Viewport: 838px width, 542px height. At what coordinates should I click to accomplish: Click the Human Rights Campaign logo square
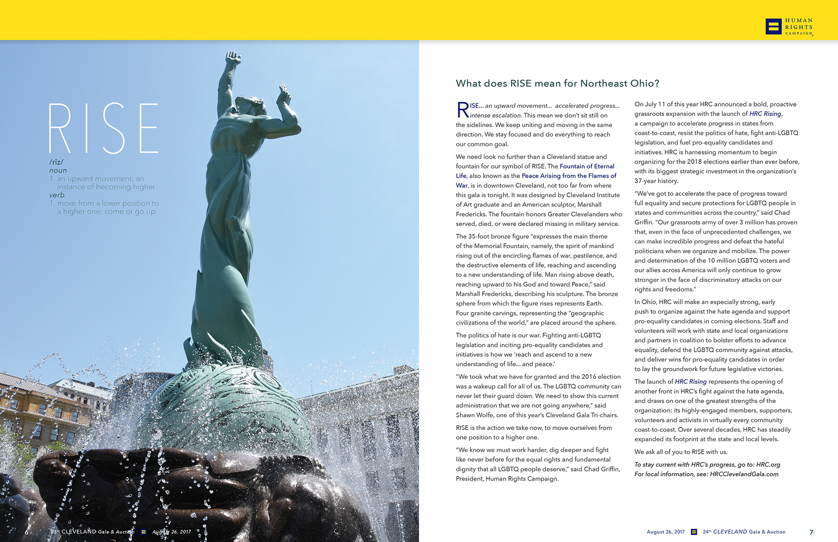[x=773, y=26]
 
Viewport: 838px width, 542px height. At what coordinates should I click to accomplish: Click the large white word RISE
[x=103, y=128]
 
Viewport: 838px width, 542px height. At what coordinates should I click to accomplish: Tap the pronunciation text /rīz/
[x=56, y=162]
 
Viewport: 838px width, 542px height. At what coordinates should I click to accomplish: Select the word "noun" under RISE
[x=58, y=170]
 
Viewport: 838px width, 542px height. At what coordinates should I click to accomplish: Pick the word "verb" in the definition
[x=57, y=195]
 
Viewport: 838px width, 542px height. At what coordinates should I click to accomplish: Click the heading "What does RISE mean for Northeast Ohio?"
[x=557, y=83]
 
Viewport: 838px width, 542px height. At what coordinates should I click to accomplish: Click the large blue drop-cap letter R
[x=463, y=110]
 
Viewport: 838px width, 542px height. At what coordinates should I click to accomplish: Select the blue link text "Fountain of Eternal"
[x=587, y=166]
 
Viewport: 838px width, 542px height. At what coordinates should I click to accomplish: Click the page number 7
[x=811, y=532]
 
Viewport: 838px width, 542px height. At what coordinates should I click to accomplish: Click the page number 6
[x=27, y=532]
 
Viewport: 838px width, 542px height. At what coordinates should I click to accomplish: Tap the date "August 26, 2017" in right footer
[x=666, y=532]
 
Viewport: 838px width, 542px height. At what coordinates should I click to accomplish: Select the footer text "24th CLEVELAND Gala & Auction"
[x=744, y=532]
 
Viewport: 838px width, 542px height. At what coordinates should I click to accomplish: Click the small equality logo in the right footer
[x=694, y=532]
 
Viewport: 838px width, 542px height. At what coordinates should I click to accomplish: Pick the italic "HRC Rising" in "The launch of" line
[x=690, y=381]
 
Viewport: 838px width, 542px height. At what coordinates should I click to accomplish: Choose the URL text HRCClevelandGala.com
[x=744, y=474]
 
